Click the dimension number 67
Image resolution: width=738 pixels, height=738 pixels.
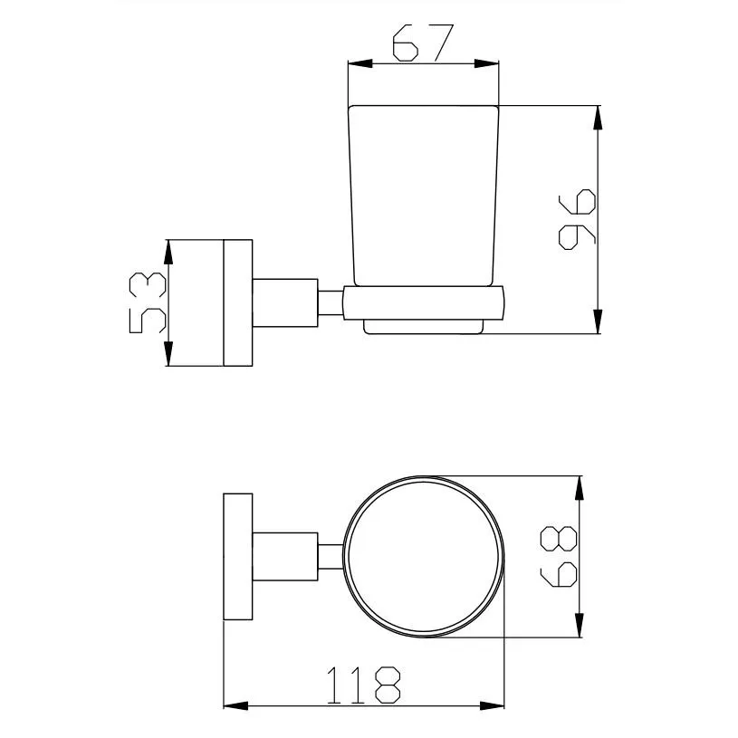[x=423, y=43]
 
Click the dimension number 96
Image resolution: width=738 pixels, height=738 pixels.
[x=576, y=219]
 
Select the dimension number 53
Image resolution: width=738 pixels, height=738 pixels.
[x=148, y=302]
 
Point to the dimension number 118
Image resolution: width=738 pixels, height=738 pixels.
[x=362, y=685]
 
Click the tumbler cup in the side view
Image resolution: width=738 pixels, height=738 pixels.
[x=423, y=195]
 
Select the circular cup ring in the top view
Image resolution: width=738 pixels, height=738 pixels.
[x=423, y=555]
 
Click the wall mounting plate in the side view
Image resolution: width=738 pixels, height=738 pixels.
[x=237, y=302]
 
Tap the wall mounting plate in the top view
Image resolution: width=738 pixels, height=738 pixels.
[x=237, y=556]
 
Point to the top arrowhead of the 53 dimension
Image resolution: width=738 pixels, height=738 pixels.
[x=168, y=251]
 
